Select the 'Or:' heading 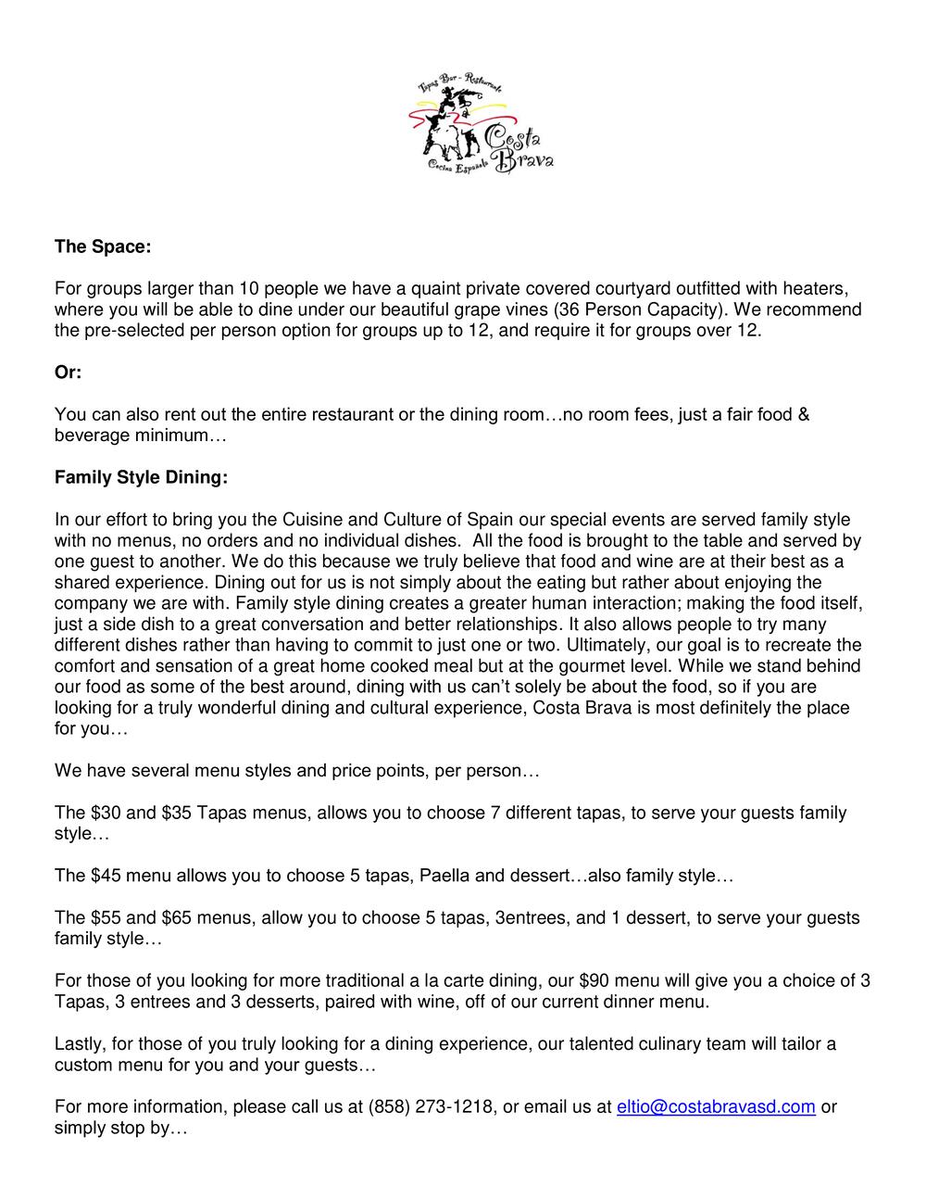pyautogui.click(x=68, y=372)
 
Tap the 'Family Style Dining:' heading pyautogui.click(x=141, y=478)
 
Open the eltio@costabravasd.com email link pyautogui.click(x=716, y=1106)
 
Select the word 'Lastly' pyautogui.click(x=80, y=1044)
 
